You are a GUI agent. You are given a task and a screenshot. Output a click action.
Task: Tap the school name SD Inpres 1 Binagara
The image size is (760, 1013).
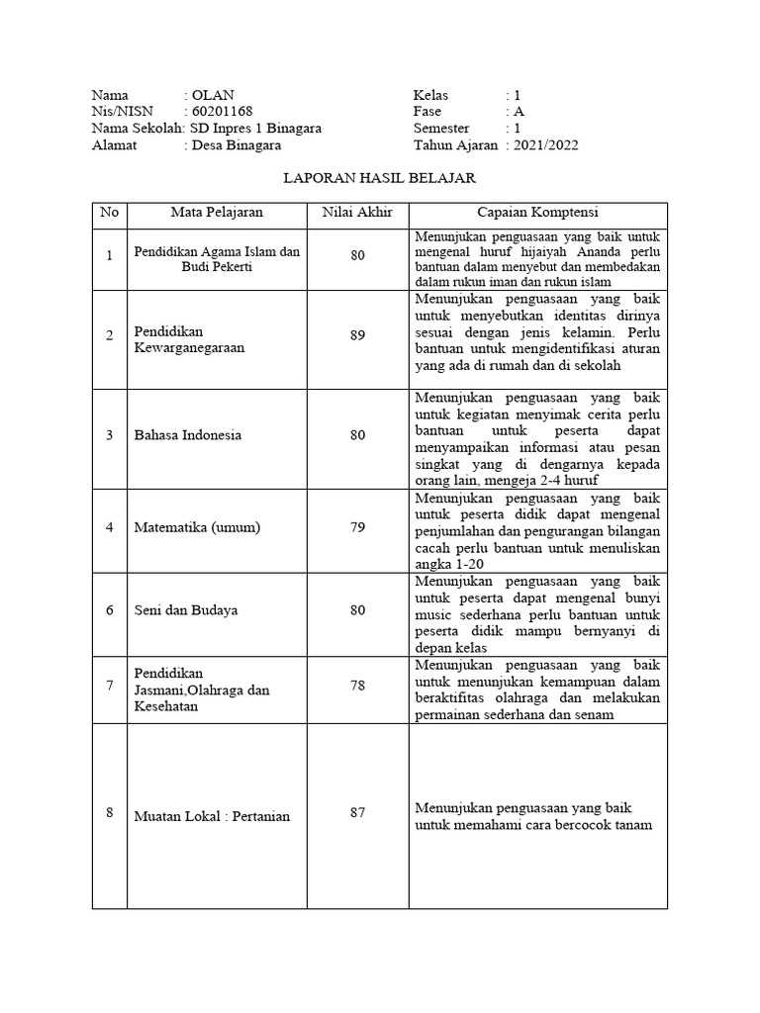(255, 129)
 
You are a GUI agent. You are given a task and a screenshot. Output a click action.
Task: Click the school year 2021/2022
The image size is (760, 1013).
(546, 145)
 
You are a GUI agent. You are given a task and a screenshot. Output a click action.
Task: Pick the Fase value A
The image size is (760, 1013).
(519, 112)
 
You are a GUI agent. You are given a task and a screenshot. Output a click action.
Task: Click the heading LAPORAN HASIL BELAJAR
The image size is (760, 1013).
(380, 179)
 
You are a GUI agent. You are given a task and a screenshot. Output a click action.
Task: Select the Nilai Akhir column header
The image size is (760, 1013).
(357, 213)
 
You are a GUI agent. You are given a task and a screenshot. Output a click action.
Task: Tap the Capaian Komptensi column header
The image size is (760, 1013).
(537, 213)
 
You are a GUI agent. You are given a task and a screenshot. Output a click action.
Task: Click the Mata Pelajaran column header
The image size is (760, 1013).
(218, 213)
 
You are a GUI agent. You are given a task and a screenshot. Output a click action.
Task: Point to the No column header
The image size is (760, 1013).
(109, 213)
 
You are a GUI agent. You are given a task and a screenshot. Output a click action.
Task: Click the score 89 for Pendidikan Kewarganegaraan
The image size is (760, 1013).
(357, 336)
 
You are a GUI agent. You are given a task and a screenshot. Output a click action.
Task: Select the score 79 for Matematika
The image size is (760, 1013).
(357, 527)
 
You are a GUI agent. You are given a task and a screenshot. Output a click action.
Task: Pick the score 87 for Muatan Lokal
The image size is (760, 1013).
(357, 812)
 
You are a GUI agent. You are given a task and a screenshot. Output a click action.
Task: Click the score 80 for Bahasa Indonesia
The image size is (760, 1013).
(357, 435)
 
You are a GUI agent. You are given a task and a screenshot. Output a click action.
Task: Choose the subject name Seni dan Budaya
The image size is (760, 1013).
(186, 610)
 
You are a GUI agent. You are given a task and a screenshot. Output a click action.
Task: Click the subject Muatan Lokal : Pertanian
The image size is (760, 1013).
(212, 817)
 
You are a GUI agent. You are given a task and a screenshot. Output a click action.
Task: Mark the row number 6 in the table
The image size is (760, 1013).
(110, 610)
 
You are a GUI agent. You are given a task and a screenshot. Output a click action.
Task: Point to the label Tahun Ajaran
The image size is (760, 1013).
(455, 145)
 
